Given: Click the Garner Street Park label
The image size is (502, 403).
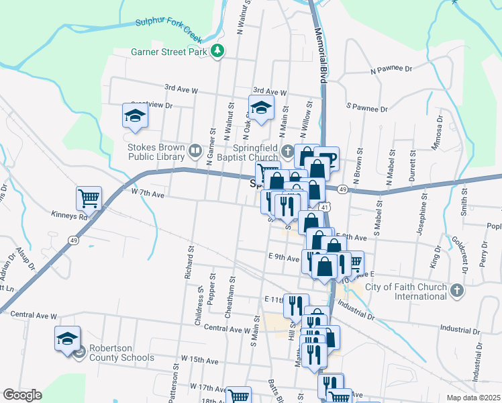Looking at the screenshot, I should pos(169,51).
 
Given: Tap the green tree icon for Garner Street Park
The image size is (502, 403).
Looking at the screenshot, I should pos(217,50).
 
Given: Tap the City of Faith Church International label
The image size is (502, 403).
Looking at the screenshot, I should pos(406,291).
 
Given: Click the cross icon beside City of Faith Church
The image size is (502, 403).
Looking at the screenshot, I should pos(457,291).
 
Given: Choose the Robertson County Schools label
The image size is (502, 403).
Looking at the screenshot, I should pos(123,353).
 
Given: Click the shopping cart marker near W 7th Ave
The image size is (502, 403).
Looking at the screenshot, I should pos(89,199).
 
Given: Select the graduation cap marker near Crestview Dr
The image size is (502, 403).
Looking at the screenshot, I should pos(134,116).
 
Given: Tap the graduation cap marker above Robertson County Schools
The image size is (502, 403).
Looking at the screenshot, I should pos(67,338).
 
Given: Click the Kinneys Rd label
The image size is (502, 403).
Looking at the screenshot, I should pos(69,217).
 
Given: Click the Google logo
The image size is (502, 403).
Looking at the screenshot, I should pos(22,395).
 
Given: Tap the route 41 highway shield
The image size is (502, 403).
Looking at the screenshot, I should pos(325,208).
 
